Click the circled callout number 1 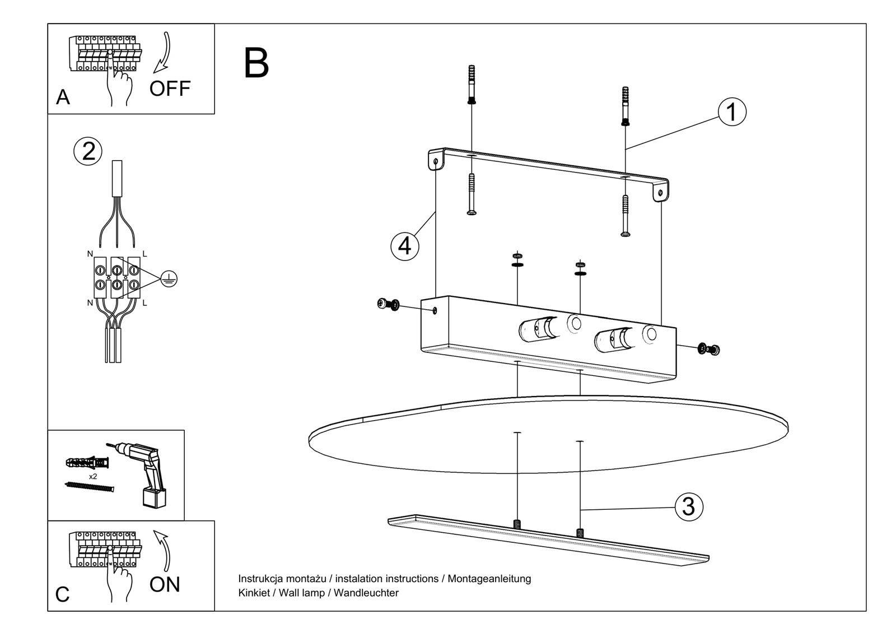coord(731,112)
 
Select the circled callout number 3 coord(688,506)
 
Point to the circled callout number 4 coord(404,246)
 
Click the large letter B coord(256,63)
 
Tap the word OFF coord(170,89)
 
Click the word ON coord(165,585)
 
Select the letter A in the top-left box coord(63,98)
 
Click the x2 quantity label coord(93,477)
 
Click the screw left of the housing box coord(388,304)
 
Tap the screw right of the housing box coord(709,350)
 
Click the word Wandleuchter coord(366,593)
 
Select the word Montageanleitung coord(489,579)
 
